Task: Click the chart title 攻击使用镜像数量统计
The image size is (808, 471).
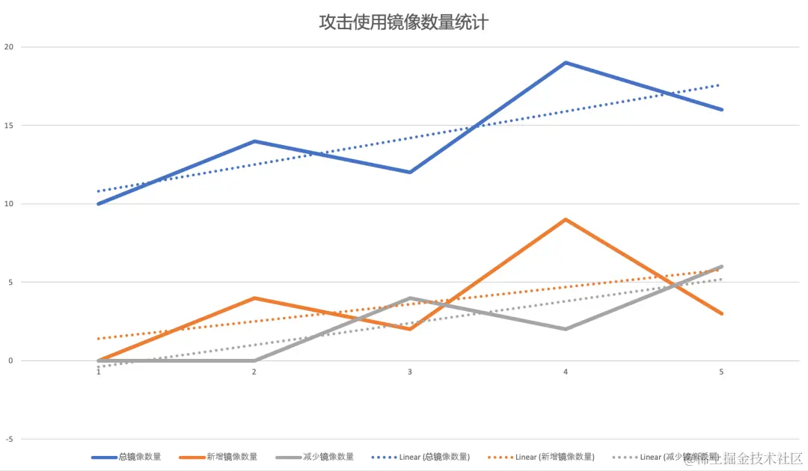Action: click(403, 22)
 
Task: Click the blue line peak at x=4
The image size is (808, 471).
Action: click(566, 63)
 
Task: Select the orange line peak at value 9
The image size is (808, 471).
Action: click(566, 220)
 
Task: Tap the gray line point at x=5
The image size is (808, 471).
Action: click(721, 267)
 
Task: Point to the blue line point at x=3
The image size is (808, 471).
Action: click(410, 172)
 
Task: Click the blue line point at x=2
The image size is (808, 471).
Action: click(254, 141)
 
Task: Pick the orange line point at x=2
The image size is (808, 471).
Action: click(254, 298)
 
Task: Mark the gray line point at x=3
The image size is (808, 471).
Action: click(410, 298)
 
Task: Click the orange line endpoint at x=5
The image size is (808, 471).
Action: click(721, 313)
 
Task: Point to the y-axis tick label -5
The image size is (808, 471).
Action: click(10, 440)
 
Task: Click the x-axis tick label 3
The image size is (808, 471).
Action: click(410, 372)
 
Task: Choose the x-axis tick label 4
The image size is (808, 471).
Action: click(566, 372)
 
